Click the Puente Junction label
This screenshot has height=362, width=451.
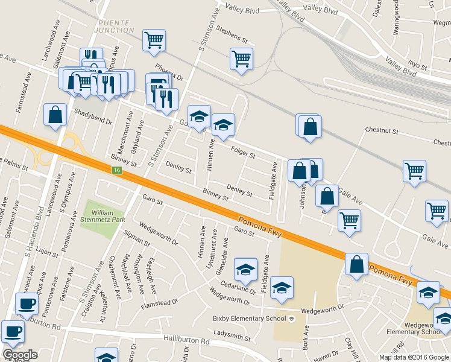tap(115, 26)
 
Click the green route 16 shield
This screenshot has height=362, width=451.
tap(117, 171)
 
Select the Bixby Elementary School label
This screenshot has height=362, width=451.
tap(250, 319)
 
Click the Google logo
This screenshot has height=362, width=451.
tap(20, 355)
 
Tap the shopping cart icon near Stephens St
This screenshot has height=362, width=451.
tap(241, 59)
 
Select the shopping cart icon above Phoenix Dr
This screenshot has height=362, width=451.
tap(154, 40)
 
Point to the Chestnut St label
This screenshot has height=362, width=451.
tap(382, 130)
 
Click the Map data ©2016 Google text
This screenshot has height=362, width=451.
tap(414, 357)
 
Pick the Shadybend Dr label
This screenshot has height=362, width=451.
tap(93, 116)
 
